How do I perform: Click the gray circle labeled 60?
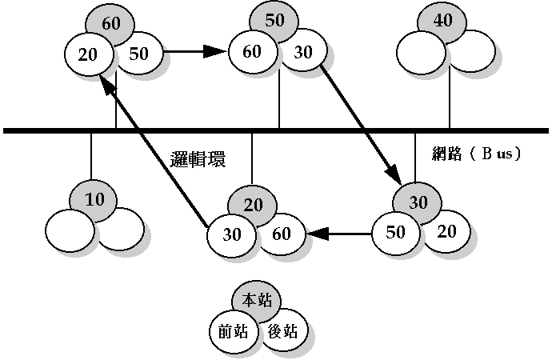(112, 23)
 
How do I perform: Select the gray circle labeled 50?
(274, 22)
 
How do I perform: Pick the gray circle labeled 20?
(254, 205)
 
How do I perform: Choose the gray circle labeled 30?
(418, 202)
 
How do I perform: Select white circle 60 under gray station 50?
(252, 52)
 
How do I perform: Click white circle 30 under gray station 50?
(302, 52)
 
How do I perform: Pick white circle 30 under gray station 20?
(232, 235)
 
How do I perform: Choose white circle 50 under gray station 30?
(396, 233)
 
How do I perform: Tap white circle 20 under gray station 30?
(446, 230)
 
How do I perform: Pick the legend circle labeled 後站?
(283, 330)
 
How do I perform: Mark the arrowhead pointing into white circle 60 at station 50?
(215, 52)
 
